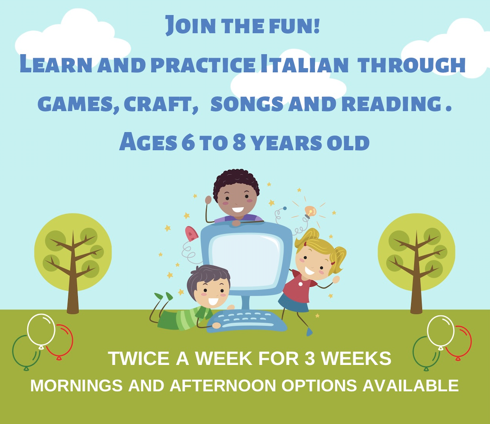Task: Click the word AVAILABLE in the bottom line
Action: tap(410, 385)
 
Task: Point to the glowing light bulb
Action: tap(310, 212)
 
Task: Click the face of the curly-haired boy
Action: tap(237, 199)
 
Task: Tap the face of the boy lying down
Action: tap(209, 292)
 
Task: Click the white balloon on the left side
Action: tap(41, 329)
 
